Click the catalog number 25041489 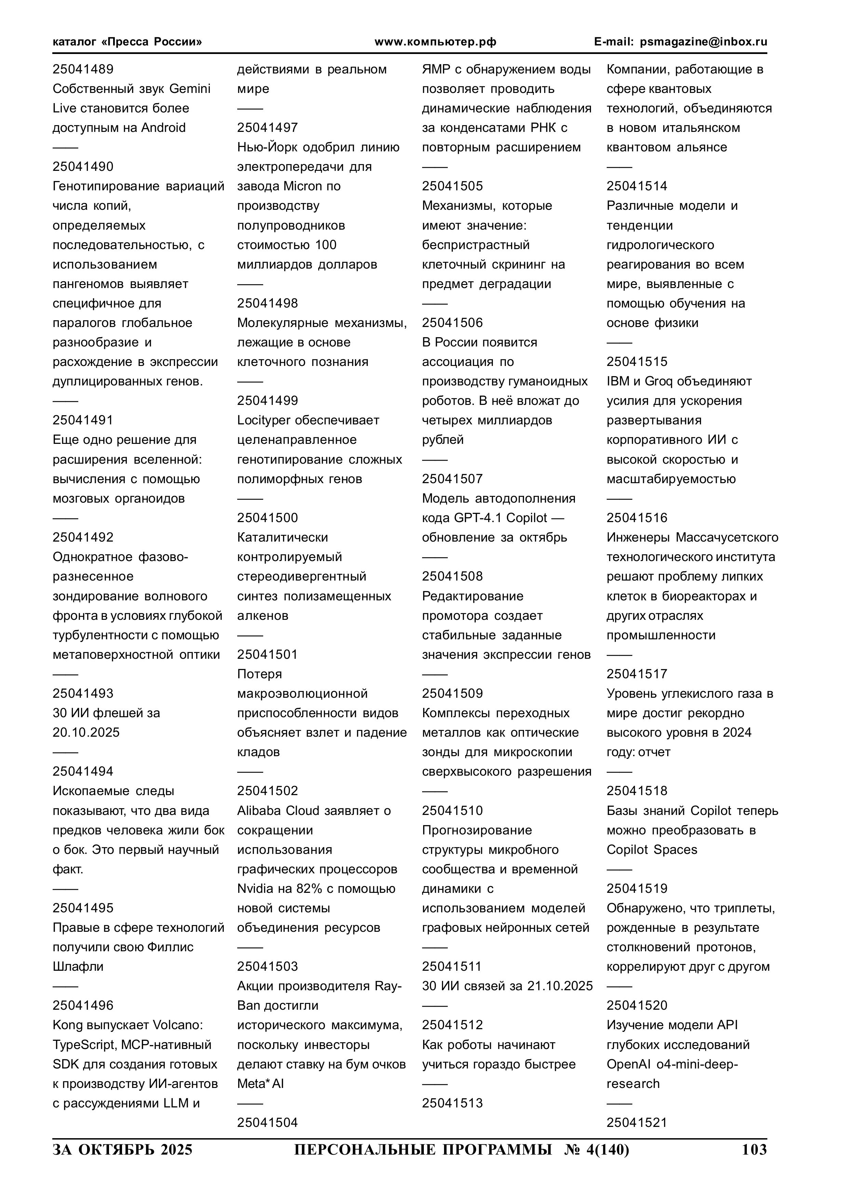(83, 69)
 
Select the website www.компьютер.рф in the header (435, 42)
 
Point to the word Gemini (190, 89)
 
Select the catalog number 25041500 (268, 518)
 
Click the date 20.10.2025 (86, 733)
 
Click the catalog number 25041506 (453, 323)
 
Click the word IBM (618, 381)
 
